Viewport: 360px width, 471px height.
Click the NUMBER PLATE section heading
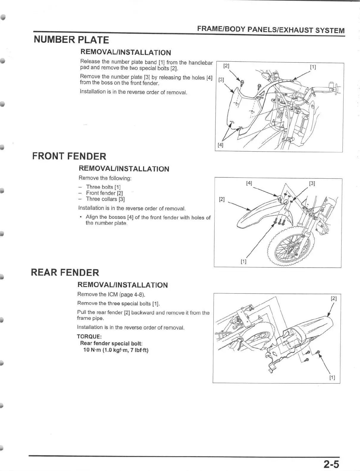(71, 40)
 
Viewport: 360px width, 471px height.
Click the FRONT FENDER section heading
(69, 156)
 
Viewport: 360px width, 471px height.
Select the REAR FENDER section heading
(65, 272)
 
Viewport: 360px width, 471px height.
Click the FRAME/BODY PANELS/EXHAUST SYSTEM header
(270, 30)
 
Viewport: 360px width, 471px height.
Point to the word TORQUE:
(89, 336)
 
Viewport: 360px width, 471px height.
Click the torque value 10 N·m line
(116, 350)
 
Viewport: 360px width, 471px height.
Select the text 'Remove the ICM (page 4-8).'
(111, 294)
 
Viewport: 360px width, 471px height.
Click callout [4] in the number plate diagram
(220, 145)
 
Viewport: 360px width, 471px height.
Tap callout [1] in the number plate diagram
(313, 67)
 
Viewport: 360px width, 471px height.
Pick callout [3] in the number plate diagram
(221, 80)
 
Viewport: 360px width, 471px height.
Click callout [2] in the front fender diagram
(222, 199)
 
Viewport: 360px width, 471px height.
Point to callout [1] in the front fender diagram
(243, 262)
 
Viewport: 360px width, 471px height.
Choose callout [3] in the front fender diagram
(312, 183)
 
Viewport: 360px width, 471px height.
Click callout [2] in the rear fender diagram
(334, 298)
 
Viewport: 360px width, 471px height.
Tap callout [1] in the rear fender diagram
(332, 378)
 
